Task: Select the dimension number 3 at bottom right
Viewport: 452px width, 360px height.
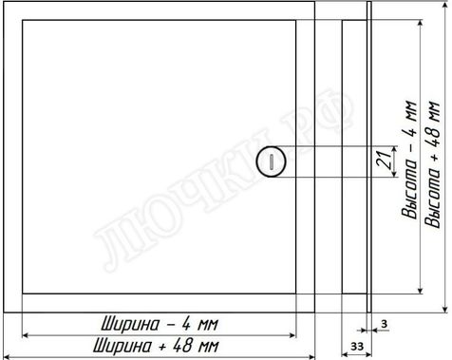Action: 384,324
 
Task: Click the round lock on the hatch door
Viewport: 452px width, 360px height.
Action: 271,161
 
